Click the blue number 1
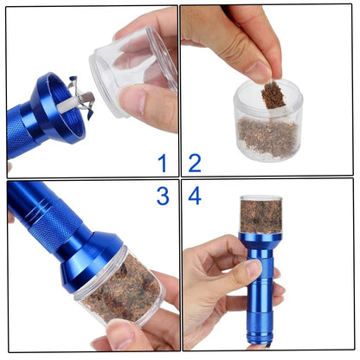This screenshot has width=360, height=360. click(x=163, y=163)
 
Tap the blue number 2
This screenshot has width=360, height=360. click(x=195, y=164)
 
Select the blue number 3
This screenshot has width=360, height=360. click(x=163, y=196)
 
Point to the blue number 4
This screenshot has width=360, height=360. click(x=195, y=196)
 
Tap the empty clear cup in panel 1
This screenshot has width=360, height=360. click(x=132, y=72)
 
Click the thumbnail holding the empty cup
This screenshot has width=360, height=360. click(x=133, y=100)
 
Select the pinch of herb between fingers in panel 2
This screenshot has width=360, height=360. click(x=273, y=94)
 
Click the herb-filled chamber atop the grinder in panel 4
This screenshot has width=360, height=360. click(x=261, y=214)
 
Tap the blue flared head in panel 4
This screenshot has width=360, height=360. click(x=260, y=241)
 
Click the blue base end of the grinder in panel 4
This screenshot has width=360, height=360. click(x=262, y=329)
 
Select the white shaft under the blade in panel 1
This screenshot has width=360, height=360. click(x=68, y=105)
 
